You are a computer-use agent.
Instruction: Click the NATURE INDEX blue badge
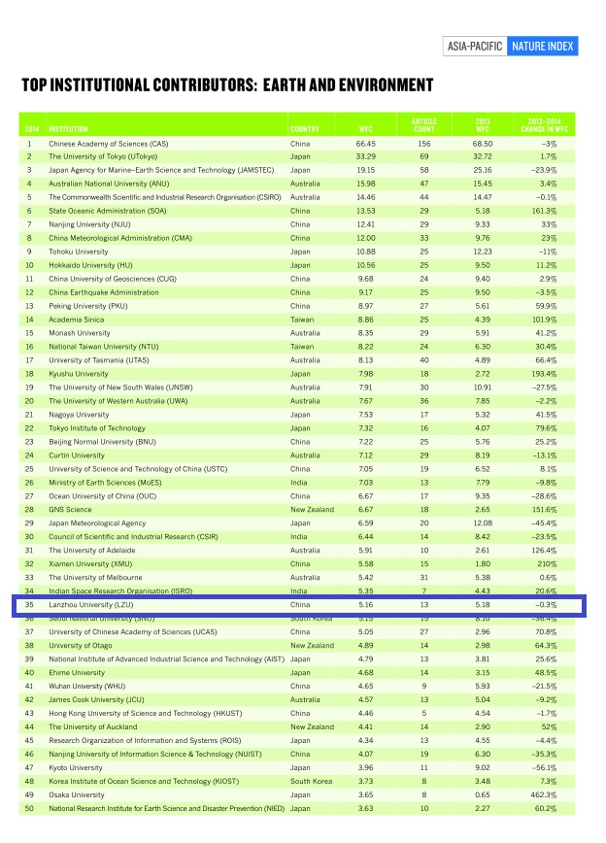pos(541,46)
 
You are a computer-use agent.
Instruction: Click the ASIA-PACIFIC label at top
pos(475,46)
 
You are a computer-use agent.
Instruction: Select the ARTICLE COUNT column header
pos(423,125)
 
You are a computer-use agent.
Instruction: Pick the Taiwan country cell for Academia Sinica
pos(301,319)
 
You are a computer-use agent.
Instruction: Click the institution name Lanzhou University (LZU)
pos(93,604)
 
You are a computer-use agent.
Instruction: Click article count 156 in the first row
pos(423,144)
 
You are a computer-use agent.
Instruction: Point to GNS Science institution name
pos(70,509)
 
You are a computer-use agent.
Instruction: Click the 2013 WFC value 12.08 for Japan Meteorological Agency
pos(483,523)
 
